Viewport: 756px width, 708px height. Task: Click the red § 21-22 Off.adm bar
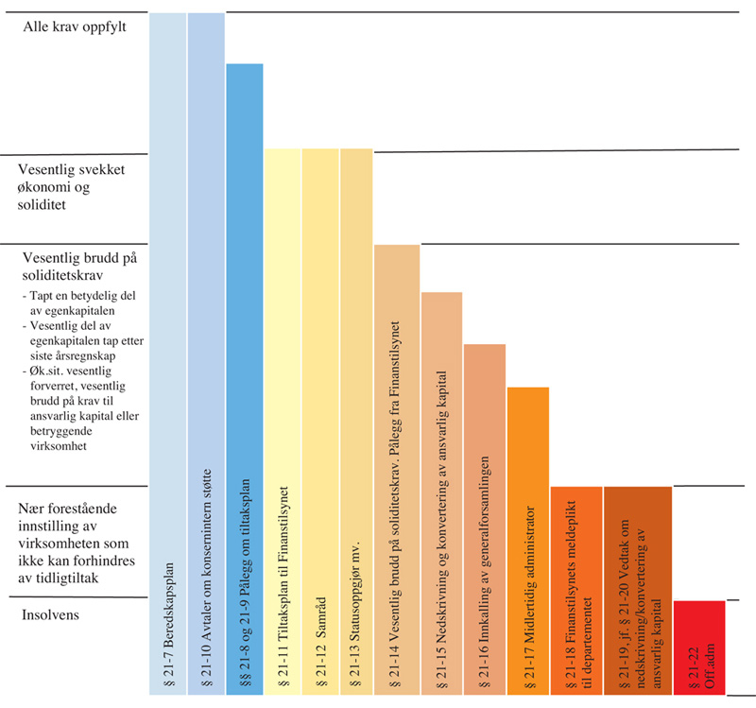[x=698, y=648]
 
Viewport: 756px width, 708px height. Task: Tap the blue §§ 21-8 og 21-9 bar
[x=244, y=378]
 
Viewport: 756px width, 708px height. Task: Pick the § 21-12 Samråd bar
[x=319, y=422]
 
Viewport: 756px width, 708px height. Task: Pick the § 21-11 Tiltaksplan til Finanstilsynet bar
[x=282, y=422]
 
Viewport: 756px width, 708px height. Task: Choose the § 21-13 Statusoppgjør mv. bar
[x=356, y=422]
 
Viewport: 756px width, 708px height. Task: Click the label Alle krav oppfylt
[x=75, y=26]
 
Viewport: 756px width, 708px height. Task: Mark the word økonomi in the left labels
[x=47, y=187]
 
